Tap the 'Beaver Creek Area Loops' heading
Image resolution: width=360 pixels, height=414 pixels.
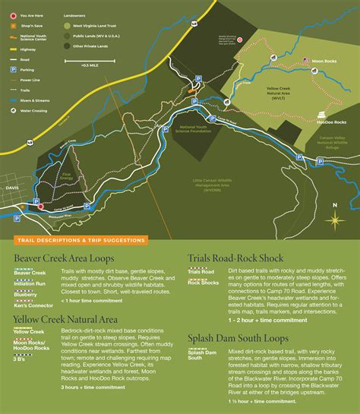click(x=64, y=258)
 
